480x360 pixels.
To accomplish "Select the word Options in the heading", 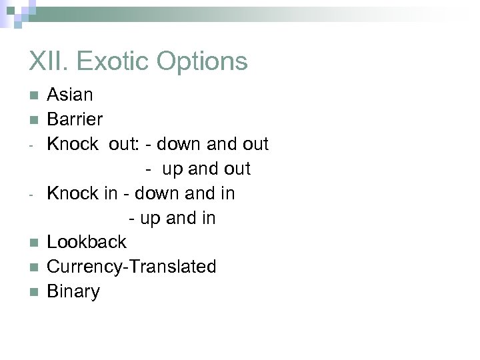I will pyautogui.click(x=202, y=61).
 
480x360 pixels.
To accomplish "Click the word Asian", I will pyautogui.click(x=70, y=95).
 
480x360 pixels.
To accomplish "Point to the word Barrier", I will pyautogui.click(x=75, y=119).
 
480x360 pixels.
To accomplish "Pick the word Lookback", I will pyautogui.click(x=86, y=242).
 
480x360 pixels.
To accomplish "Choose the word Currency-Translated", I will pyautogui.click(x=131, y=267).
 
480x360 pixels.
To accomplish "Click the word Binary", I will pyautogui.click(x=73, y=291).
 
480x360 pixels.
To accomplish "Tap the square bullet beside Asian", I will pyautogui.click(x=33, y=95).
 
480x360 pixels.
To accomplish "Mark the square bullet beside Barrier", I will pyautogui.click(x=33, y=120).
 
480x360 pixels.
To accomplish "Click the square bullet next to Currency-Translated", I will pyautogui.click(x=33, y=267).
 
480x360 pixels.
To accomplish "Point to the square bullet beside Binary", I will pyautogui.click(x=33, y=292).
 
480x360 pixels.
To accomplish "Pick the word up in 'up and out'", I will pyautogui.click(x=172, y=169).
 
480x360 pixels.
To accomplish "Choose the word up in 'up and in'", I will pyautogui.click(x=150, y=218).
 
